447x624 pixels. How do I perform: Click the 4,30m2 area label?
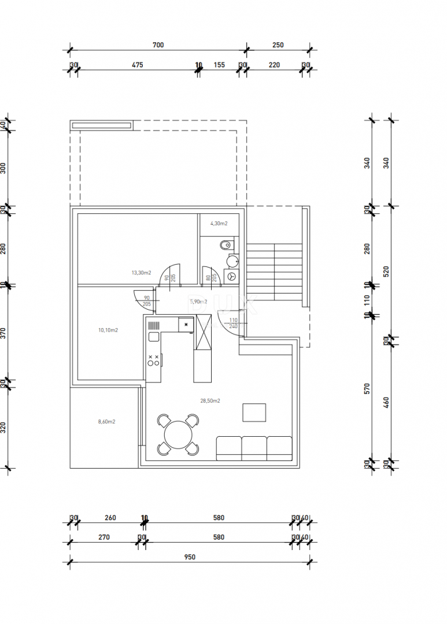pyautogui.click(x=219, y=223)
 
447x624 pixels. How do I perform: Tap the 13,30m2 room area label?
pyautogui.click(x=141, y=273)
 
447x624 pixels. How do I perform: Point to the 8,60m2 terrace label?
pyautogui.click(x=106, y=422)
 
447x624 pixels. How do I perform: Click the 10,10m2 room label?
pyautogui.click(x=108, y=330)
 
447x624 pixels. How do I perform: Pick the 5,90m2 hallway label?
pyautogui.click(x=198, y=301)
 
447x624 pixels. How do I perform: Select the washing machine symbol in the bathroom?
pyautogui.click(x=232, y=277)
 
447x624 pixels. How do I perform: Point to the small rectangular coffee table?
pyautogui.click(x=254, y=413)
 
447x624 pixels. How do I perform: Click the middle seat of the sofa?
pyautogui.click(x=254, y=448)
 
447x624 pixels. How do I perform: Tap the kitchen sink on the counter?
pyautogui.click(x=154, y=337)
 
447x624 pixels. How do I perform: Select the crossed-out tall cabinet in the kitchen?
pyautogui.click(x=203, y=334)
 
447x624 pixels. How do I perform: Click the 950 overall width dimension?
pyautogui.click(x=190, y=557)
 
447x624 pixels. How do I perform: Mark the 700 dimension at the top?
pyautogui.click(x=158, y=45)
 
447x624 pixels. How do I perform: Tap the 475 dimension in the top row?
pyautogui.click(x=137, y=65)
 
